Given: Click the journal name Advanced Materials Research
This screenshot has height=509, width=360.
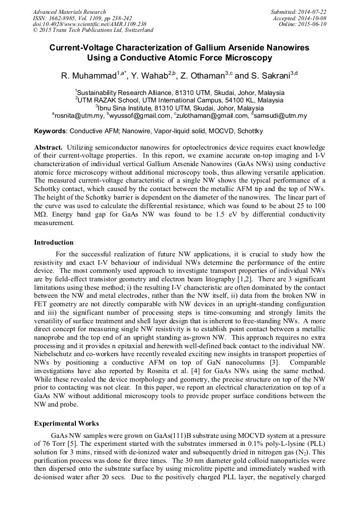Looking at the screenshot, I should [69, 12].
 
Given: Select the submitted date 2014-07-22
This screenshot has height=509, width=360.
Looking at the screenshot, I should [312, 12].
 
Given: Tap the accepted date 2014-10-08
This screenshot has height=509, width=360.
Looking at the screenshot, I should [312, 18].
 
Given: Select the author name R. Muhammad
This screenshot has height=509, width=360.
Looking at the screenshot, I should [87, 76].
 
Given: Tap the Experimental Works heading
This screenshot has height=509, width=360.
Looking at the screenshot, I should [66, 424].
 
